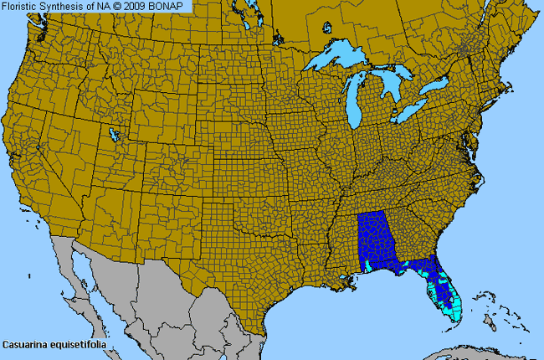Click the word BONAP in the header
point(169,6)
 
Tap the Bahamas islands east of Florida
point(485,301)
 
